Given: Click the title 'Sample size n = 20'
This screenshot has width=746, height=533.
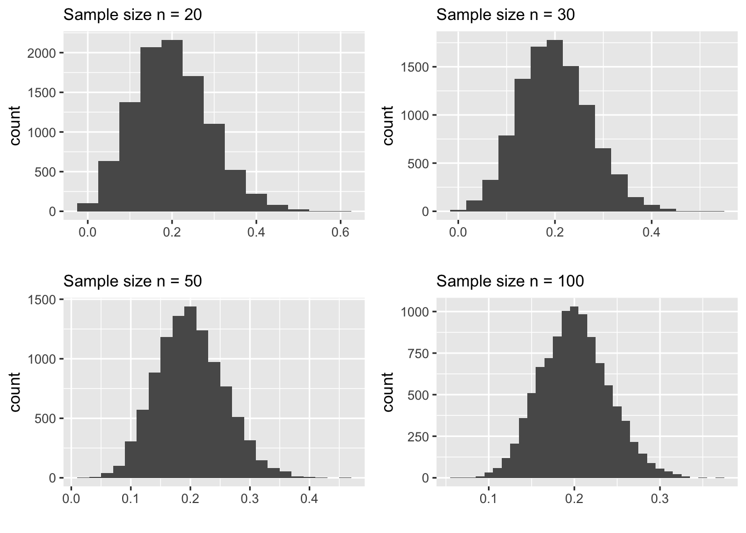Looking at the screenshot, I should [x=133, y=15].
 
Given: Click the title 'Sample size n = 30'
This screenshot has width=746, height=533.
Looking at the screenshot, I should [x=506, y=15].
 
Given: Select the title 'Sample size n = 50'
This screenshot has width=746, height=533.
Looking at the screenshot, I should [x=133, y=281].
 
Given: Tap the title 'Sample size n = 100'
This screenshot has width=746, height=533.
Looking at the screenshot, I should [x=510, y=281].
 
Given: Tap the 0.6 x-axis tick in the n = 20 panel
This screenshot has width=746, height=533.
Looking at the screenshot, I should [x=340, y=231].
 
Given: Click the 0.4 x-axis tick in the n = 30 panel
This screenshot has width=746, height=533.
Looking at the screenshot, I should [x=651, y=231].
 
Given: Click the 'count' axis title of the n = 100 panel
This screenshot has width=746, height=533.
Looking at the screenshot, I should [x=388, y=391].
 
